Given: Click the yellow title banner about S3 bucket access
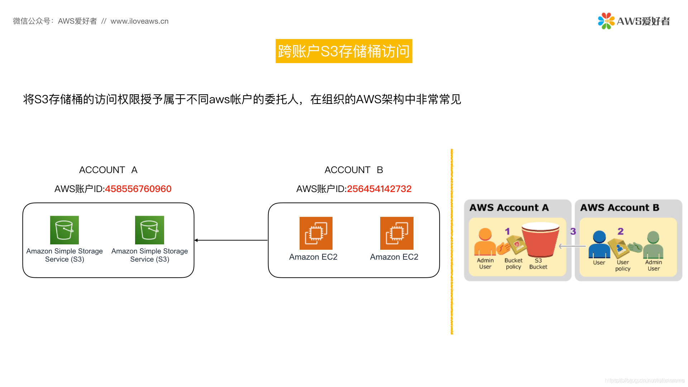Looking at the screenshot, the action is (344, 51).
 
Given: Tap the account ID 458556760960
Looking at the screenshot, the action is (138, 189).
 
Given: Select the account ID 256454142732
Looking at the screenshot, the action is (379, 189).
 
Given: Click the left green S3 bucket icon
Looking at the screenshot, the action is (64, 230).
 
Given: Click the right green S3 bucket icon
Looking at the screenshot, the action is (149, 230).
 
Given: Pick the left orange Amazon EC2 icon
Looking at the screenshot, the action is (316, 233).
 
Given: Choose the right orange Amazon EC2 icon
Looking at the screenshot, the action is (397, 233).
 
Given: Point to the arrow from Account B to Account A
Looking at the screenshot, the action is (231, 240).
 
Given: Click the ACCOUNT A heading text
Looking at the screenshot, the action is (108, 170).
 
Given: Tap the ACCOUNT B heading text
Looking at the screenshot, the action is (354, 170).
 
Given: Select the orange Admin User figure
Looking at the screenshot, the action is (485, 242).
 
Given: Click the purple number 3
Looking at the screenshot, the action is (573, 231).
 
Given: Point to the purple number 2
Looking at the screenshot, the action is (621, 231).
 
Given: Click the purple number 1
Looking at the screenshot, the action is (507, 231).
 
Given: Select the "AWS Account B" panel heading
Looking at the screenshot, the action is (620, 208).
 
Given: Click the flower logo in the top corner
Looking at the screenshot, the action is (606, 21).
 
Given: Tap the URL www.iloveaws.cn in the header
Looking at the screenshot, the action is (139, 21).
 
